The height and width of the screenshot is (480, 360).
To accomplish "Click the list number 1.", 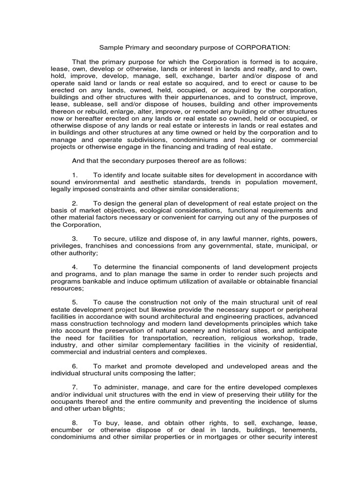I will tap(75, 175).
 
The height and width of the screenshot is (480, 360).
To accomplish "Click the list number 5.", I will tap(75, 303).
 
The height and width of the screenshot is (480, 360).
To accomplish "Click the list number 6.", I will tap(75, 367).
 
